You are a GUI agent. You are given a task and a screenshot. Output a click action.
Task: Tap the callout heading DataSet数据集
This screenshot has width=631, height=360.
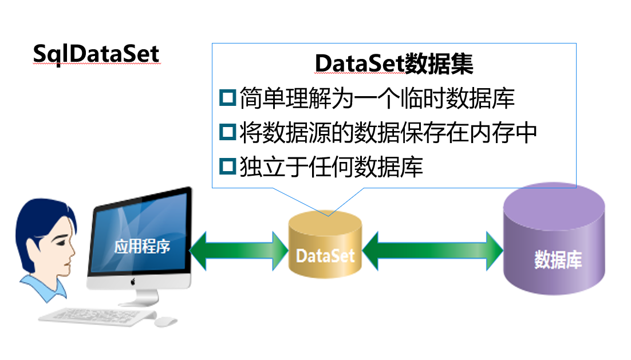394,64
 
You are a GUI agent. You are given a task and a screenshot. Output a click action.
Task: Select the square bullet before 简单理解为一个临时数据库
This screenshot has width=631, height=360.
227,97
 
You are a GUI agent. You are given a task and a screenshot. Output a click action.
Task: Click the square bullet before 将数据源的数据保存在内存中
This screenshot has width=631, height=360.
227,132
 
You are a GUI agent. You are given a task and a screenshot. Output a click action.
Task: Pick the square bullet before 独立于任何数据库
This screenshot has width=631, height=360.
227,167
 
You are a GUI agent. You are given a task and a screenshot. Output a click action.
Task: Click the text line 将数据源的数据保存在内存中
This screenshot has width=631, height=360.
388,132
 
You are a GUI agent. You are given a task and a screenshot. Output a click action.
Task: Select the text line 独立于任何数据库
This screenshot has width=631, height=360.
331,167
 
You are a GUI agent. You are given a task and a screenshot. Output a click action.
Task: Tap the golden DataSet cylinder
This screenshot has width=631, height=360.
325,246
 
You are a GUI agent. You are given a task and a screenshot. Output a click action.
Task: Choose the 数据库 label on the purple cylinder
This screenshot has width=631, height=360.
558,260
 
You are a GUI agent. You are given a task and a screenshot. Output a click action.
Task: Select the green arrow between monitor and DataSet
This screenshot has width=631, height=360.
239,250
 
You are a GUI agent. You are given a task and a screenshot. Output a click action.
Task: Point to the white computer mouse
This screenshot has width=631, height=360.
165,322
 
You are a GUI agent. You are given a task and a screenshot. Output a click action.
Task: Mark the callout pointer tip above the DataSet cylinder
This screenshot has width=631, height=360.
329,215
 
